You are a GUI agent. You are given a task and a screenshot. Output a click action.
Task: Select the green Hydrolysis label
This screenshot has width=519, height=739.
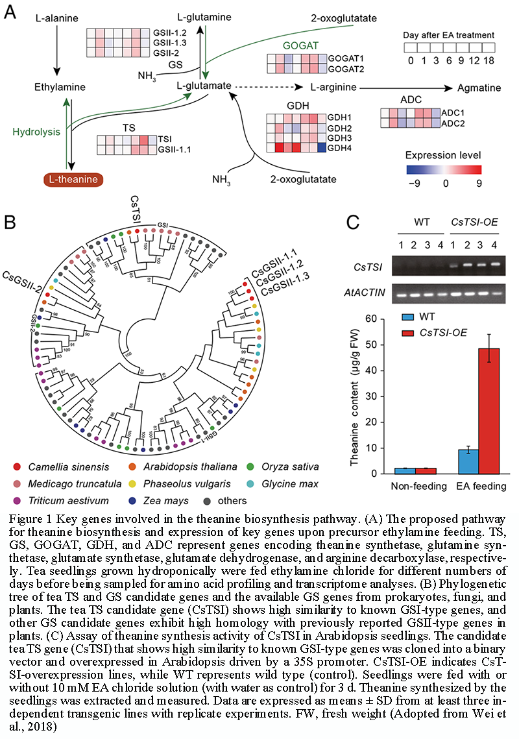36,132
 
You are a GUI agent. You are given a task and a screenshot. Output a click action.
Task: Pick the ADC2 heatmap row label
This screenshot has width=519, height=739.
453,123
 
